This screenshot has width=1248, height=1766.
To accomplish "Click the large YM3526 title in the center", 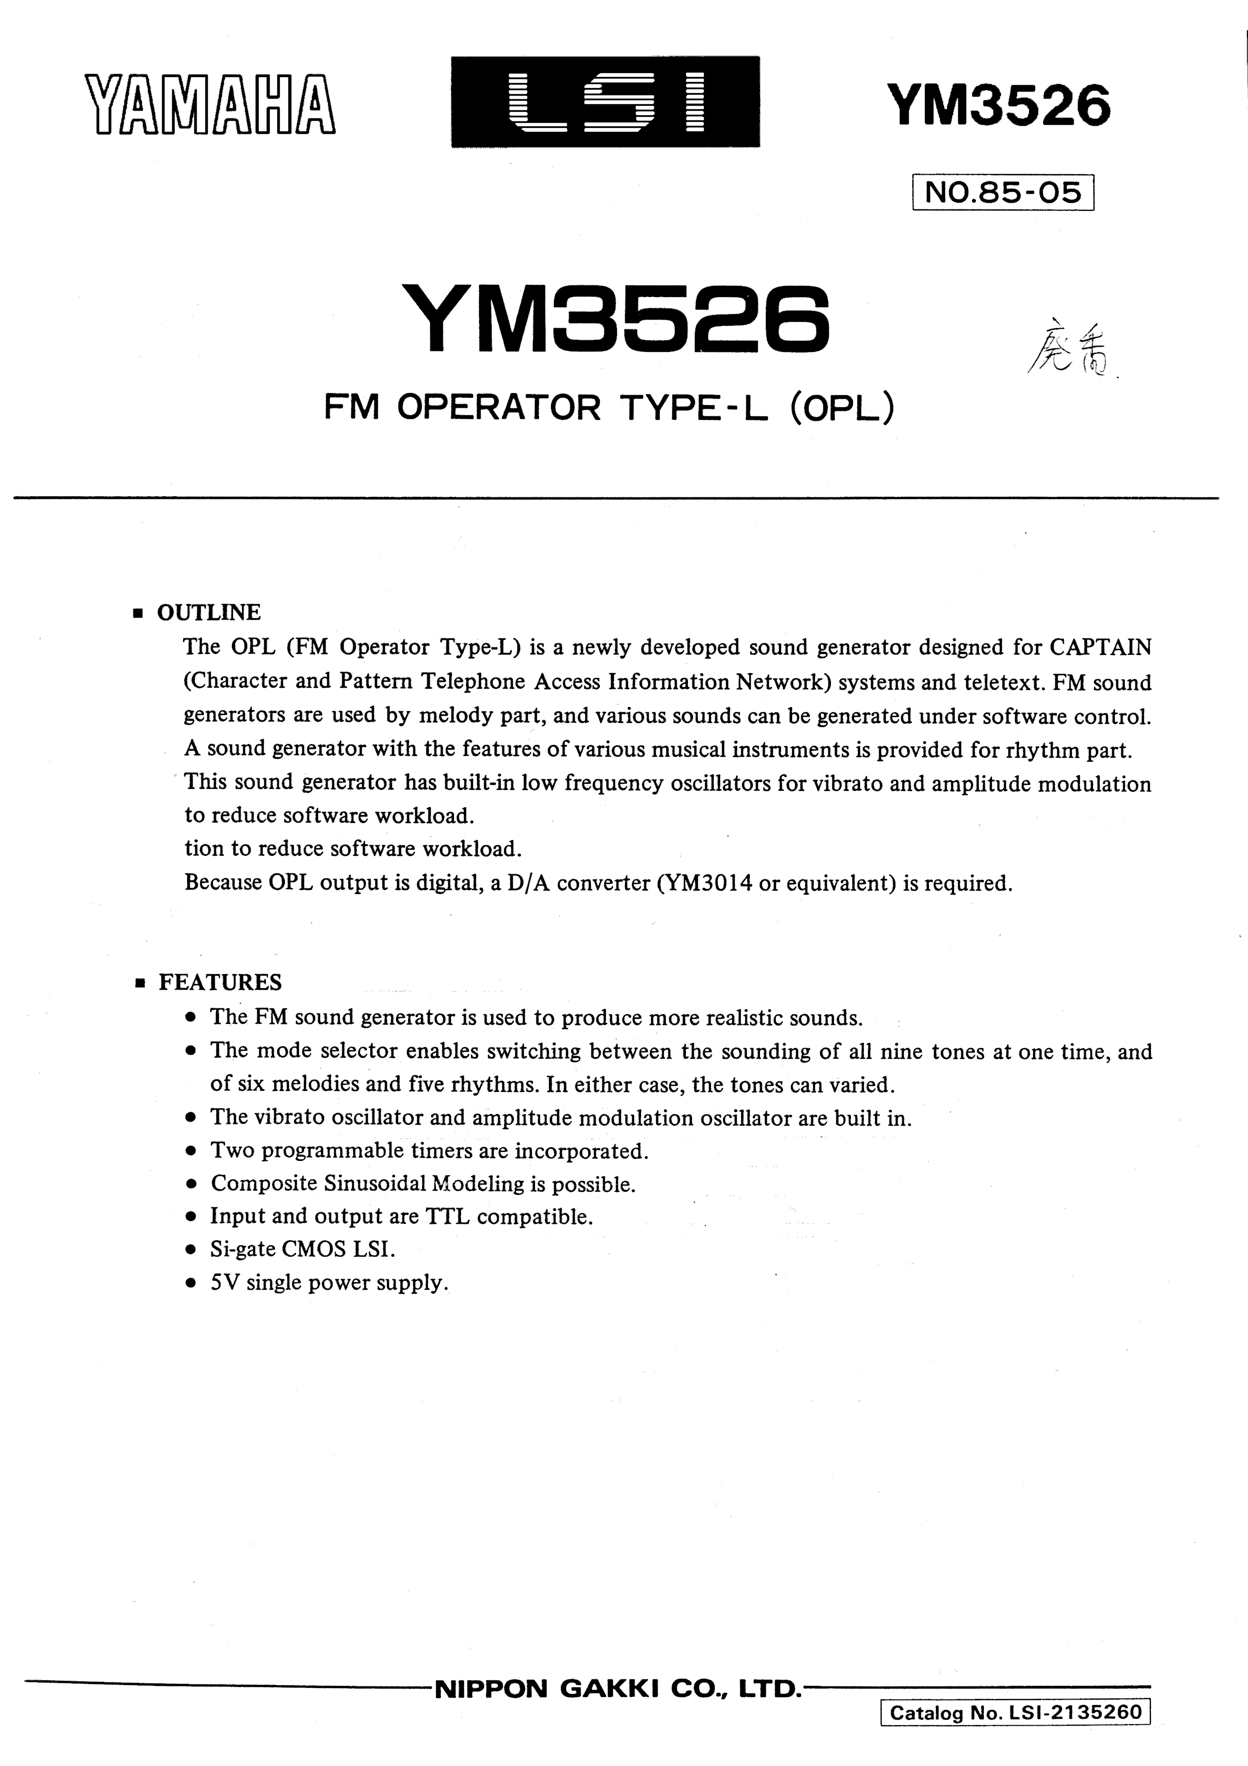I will tap(615, 319).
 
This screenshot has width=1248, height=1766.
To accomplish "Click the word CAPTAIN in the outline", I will tap(1101, 647).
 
